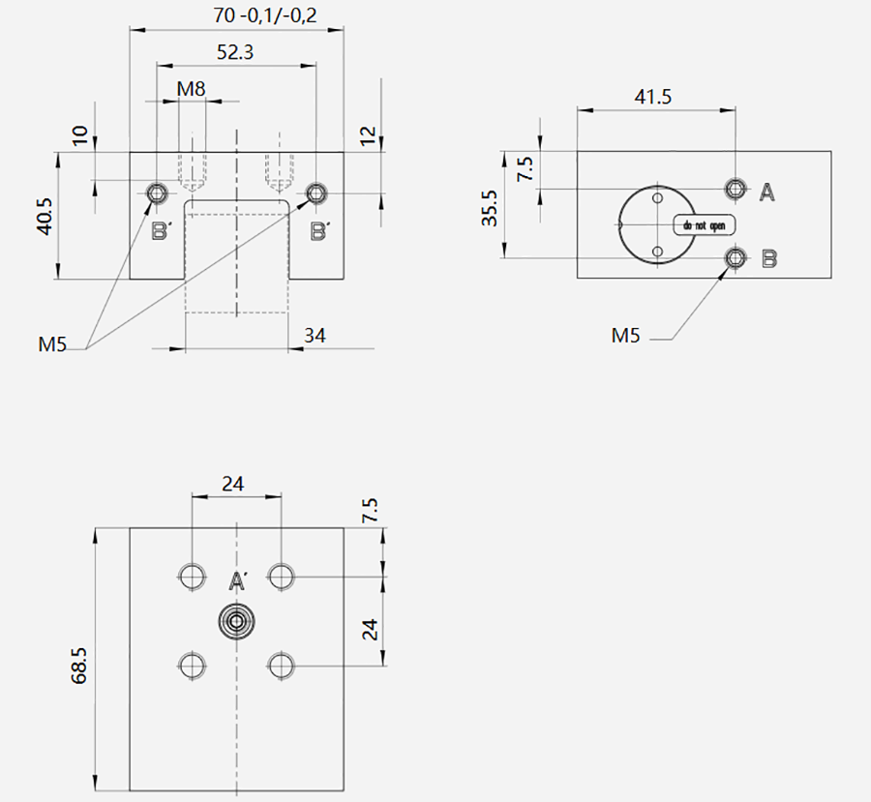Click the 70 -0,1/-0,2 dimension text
tap(265, 15)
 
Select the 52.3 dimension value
tap(235, 52)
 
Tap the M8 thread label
tap(191, 89)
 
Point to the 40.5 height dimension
tap(45, 216)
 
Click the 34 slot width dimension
tap(315, 336)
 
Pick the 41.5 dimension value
tap(653, 97)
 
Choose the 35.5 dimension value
tap(490, 208)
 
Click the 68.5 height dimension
tap(79, 665)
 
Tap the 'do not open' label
tap(704, 225)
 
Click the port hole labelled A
tap(736, 189)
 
